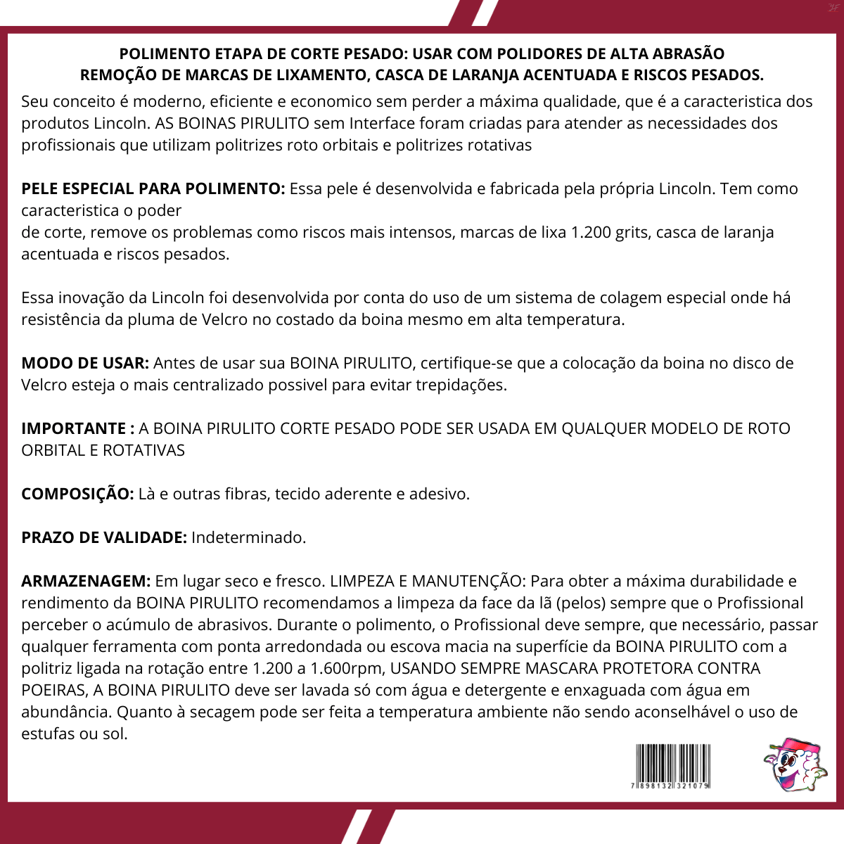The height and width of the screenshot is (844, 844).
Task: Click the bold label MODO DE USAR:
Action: [85, 363]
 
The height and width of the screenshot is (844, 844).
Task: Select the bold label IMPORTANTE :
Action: [78, 428]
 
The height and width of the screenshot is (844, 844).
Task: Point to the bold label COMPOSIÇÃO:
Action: [77, 494]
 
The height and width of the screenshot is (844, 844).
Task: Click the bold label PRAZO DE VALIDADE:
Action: [104, 537]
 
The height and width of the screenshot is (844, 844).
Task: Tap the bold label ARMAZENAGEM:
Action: [86, 581]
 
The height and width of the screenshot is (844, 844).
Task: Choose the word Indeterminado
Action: [248, 537]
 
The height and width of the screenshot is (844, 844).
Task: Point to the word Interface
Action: [382, 123]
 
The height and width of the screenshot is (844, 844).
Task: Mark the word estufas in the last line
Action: [47, 734]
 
